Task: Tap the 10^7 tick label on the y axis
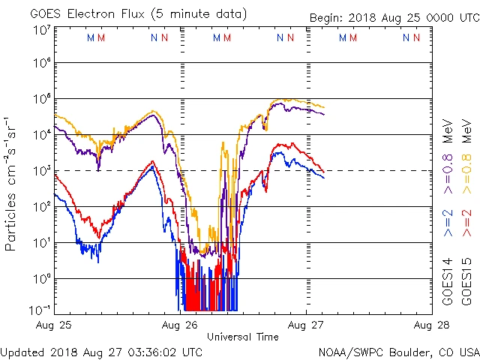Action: pos(41,31)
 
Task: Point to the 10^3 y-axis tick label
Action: pos(41,170)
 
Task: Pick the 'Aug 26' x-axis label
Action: pos(180,325)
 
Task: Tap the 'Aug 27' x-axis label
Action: pos(305,325)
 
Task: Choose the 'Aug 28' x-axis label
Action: pos(430,325)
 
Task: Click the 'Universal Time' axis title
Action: pos(242,337)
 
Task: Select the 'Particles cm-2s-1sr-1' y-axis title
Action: pos(11,184)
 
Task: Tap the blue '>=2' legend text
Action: pos(447,223)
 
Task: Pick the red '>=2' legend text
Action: pos(466,223)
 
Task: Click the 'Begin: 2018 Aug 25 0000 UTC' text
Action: pos(394,17)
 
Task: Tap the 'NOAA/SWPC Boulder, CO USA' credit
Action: pos(398,351)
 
